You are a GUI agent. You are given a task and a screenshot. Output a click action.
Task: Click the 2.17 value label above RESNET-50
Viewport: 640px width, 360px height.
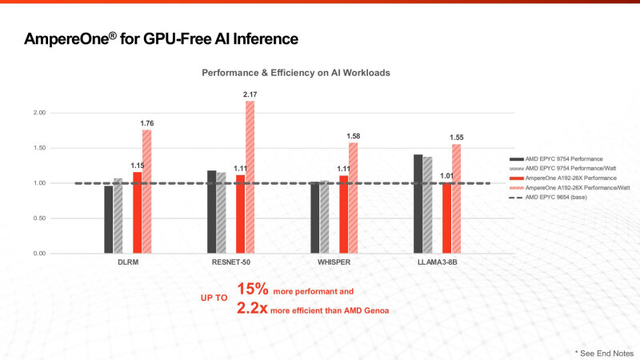click(x=250, y=94)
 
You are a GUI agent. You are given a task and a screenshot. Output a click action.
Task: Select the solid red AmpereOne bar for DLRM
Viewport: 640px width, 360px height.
click(x=137, y=213)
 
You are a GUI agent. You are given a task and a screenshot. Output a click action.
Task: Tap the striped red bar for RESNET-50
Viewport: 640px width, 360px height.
click(x=250, y=177)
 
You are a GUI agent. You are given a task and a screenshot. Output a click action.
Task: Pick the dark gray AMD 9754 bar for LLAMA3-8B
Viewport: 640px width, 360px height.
click(x=418, y=204)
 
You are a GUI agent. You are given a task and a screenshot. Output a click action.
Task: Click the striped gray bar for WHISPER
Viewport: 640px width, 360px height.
click(x=325, y=217)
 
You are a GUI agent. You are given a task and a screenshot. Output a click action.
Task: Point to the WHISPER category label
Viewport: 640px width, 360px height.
click(x=334, y=262)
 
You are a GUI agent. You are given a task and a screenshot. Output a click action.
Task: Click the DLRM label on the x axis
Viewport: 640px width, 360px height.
click(x=128, y=262)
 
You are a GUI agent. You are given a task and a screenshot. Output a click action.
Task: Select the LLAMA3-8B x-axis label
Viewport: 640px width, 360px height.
click(x=437, y=262)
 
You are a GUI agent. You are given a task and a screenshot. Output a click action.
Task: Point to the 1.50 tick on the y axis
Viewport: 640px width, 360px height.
click(x=39, y=148)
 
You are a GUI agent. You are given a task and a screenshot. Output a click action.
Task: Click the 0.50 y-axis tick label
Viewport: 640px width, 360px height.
click(x=39, y=218)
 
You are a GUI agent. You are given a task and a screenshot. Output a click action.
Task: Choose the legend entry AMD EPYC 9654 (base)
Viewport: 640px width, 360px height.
click(x=548, y=197)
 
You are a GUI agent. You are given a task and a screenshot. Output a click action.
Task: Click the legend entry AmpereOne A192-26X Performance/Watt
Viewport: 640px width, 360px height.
click(x=570, y=188)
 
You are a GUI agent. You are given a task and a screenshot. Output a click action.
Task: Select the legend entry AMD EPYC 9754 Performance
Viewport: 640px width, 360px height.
click(x=556, y=158)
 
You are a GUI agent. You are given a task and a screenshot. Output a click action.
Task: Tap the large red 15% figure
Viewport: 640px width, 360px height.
click(x=253, y=289)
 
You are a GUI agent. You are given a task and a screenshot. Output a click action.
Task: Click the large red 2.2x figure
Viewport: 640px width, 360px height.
click(x=252, y=308)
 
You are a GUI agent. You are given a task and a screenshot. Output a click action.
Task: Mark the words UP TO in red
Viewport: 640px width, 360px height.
click(x=214, y=298)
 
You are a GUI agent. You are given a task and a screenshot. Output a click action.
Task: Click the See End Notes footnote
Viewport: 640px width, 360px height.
click(x=604, y=353)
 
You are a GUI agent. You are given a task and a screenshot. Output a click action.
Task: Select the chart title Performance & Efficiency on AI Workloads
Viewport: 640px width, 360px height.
click(x=296, y=73)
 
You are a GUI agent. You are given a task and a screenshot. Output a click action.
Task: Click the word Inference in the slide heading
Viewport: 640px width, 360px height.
click(x=266, y=38)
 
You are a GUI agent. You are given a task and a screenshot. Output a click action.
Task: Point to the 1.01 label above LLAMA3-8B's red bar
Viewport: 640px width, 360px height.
click(x=446, y=176)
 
